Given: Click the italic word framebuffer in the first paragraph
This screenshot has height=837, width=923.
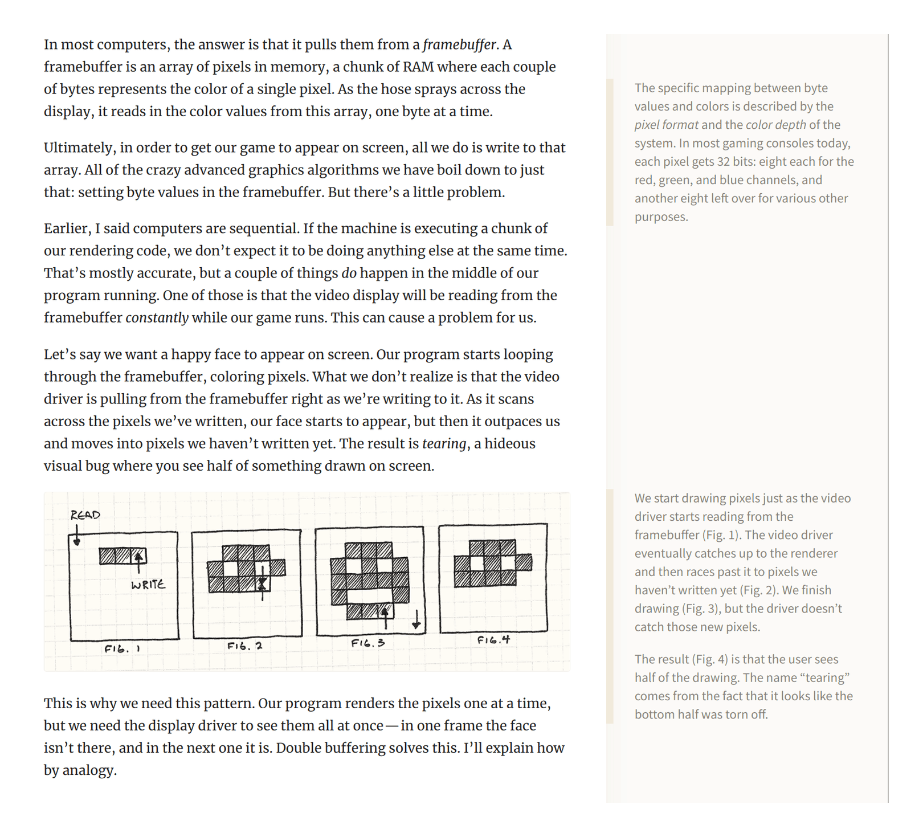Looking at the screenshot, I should click(460, 45).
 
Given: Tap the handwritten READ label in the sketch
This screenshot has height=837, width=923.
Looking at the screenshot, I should click(85, 515).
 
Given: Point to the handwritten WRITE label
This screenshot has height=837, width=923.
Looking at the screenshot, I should click(148, 585).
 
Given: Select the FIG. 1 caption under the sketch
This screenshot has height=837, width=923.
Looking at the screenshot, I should click(122, 648).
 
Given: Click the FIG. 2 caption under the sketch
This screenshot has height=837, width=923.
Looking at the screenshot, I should click(244, 646).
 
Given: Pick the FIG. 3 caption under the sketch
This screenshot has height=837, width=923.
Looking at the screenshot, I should click(368, 643).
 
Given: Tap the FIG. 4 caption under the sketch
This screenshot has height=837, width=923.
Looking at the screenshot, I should click(493, 640).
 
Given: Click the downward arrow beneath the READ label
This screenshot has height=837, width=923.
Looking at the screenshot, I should click(77, 535).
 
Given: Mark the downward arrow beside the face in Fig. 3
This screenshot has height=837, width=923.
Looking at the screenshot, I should click(416, 619).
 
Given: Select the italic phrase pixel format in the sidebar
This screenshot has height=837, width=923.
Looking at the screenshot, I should click(666, 125).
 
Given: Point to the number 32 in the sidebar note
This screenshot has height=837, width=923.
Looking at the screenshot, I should click(723, 162).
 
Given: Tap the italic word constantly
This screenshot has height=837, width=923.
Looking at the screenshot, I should click(157, 318).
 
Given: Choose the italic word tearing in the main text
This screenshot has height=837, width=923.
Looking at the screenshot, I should click(444, 444).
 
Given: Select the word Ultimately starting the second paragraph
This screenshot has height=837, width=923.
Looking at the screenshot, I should click(79, 148).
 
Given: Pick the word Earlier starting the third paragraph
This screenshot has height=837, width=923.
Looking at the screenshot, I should click(67, 229).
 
